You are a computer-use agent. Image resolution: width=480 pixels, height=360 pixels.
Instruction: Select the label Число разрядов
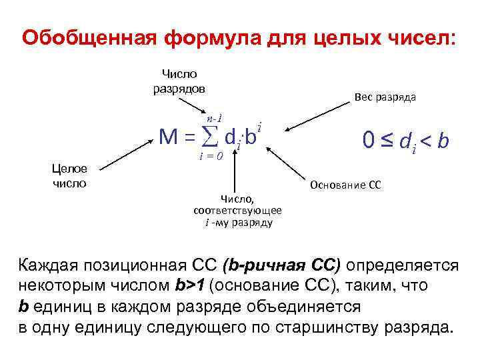coord(179,81)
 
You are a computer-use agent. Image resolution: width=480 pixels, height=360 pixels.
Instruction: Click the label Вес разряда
coord(385,97)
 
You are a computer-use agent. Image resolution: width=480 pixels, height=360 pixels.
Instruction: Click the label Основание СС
coord(345,185)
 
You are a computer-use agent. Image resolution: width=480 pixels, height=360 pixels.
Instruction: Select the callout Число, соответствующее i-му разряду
coord(237,210)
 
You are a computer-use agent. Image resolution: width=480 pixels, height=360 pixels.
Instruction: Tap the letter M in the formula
coord(168,137)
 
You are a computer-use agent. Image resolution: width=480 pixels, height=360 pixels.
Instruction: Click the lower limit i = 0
coord(212,157)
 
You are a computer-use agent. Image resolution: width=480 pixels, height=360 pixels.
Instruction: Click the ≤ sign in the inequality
coord(386,140)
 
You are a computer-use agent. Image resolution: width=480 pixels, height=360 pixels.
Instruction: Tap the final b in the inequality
coord(443,141)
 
